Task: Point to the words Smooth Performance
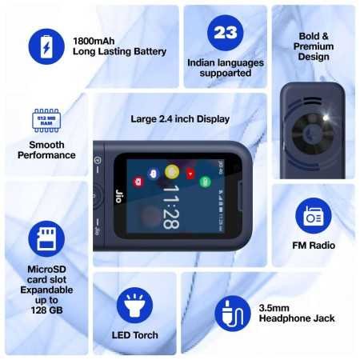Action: point(46,150)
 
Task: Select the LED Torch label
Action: point(134,335)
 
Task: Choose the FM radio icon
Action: point(312,216)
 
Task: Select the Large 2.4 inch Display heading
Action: point(180,119)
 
